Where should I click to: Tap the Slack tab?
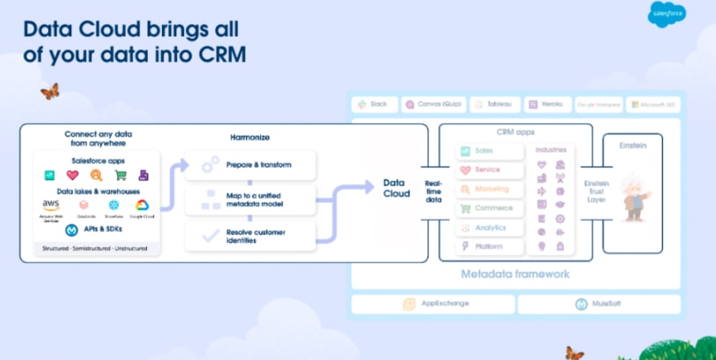pyautogui.click(x=374, y=104)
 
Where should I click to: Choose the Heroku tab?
pyautogui.click(x=547, y=104)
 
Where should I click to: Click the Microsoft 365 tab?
pyautogui.click(x=653, y=104)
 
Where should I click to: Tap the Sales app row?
pyautogui.click(x=489, y=151)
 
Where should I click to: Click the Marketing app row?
pyautogui.click(x=489, y=189)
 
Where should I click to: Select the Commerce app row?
pyautogui.click(x=489, y=209)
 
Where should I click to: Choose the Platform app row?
pyautogui.click(x=489, y=246)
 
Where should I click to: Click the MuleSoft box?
pyautogui.click(x=599, y=304)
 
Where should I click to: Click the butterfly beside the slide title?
pyautogui.click(x=49, y=91)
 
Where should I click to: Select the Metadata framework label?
pyautogui.click(x=515, y=274)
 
